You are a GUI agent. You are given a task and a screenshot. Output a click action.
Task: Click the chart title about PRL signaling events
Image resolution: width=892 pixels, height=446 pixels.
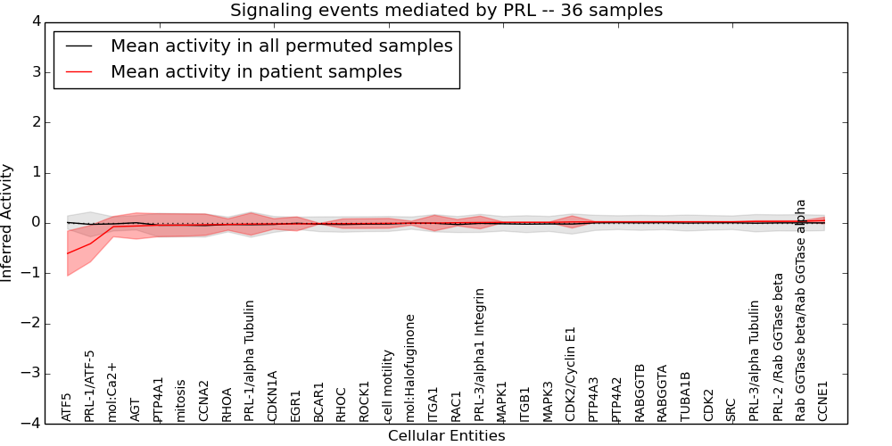[x=446, y=11]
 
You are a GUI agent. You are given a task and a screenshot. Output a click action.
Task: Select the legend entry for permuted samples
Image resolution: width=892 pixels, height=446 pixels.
[x=281, y=45]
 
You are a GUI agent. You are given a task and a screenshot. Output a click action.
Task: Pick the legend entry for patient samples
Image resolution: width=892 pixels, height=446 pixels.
[x=256, y=71]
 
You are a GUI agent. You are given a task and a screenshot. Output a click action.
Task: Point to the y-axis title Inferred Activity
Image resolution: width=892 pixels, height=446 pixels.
[x=8, y=223]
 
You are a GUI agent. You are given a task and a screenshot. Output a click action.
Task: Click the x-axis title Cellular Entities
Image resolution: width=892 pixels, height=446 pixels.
[x=446, y=436]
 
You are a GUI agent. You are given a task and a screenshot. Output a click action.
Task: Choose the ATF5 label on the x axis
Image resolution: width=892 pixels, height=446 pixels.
[x=67, y=407]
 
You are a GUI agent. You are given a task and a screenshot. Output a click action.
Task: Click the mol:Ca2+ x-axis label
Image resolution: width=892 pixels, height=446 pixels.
[x=112, y=392]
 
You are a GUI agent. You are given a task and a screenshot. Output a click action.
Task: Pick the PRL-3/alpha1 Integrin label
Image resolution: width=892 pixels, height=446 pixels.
[x=480, y=354]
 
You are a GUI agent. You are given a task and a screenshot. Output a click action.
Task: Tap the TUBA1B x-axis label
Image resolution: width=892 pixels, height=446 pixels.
[x=685, y=396]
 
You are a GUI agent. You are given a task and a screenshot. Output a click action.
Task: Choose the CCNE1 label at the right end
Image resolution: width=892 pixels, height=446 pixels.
[x=822, y=401]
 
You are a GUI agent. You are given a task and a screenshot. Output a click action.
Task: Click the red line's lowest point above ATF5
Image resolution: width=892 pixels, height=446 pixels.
[x=67, y=253]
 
